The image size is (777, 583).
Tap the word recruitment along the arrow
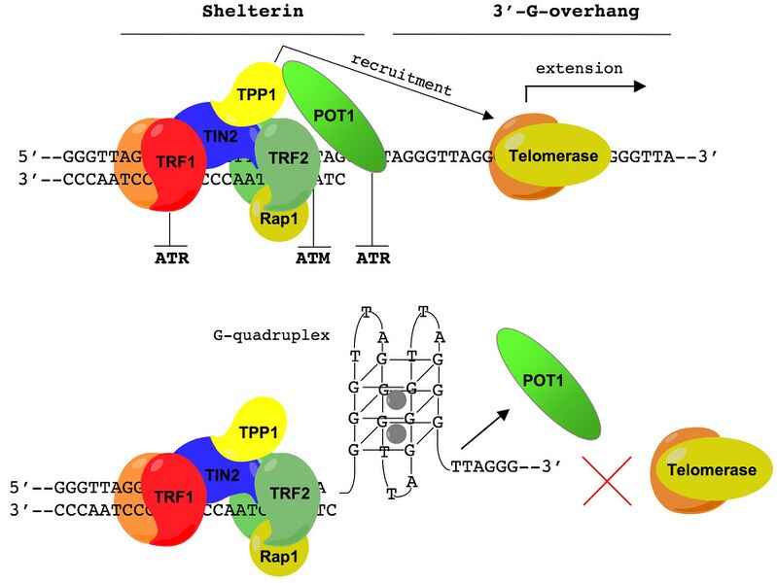point(402,76)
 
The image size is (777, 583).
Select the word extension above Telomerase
point(579,68)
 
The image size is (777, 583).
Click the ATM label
point(313,258)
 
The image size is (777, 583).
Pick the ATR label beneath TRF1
point(171,258)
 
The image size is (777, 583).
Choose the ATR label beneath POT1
point(372,258)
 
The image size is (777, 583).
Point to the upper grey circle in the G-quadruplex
point(396,399)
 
